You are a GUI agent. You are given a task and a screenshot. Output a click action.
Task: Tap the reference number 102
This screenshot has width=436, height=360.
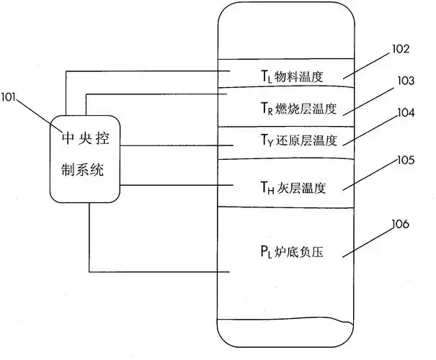tap(401, 50)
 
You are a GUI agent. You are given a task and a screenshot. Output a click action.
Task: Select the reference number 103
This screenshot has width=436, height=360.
tap(405, 81)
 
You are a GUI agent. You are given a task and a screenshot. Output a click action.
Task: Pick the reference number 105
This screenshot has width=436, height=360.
tap(405, 159)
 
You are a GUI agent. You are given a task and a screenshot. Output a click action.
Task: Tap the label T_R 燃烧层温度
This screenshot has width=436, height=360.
tap(298, 109)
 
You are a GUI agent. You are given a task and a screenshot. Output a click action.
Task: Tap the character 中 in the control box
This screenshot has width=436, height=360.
tap(66, 137)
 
